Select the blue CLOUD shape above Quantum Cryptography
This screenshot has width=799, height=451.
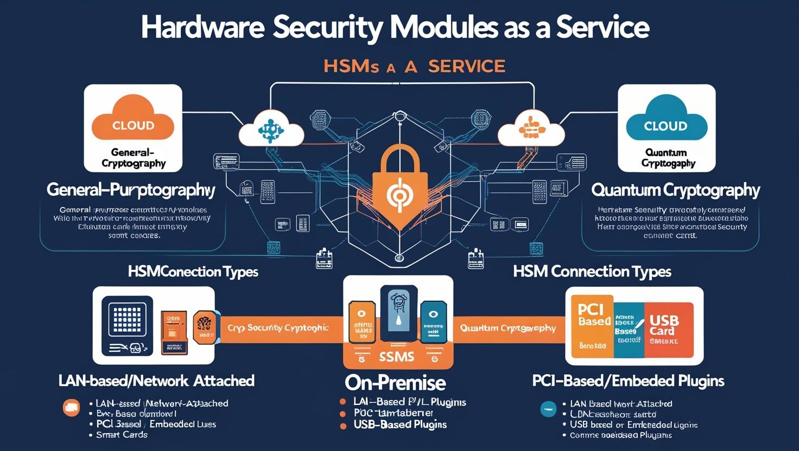pyautogui.click(x=666, y=124)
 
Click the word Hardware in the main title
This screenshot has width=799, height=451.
pyautogui.click(x=201, y=28)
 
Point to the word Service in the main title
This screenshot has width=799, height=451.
pyautogui.click(x=604, y=28)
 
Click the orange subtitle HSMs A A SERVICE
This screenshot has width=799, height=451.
pyautogui.click(x=414, y=67)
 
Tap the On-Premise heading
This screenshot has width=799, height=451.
pyautogui.click(x=395, y=383)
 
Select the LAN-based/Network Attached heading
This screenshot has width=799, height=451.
pyautogui.click(x=156, y=381)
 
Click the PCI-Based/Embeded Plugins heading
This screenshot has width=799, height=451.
pyautogui.click(x=628, y=381)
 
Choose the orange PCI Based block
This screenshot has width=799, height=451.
pyautogui.click(x=592, y=325)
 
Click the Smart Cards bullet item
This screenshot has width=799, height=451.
pyautogui.click(x=122, y=435)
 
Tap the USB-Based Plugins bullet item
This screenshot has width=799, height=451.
pyautogui.click(x=400, y=424)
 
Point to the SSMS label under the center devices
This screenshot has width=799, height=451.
pyautogui.click(x=397, y=357)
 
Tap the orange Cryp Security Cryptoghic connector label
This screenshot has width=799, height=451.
pyautogui.click(x=278, y=328)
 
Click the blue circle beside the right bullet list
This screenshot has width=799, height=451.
pyautogui.click(x=548, y=409)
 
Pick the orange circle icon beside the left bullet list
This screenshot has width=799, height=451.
pyautogui.click(x=71, y=408)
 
